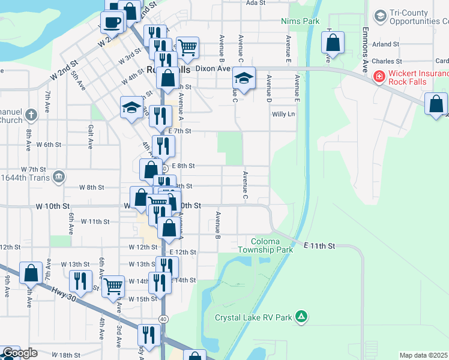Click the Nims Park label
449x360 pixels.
click(x=300, y=21)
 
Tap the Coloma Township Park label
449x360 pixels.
click(x=265, y=245)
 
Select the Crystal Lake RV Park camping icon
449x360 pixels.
click(x=301, y=317)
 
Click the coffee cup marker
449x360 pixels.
click(x=112, y=23)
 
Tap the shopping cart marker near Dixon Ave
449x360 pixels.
click(x=187, y=47)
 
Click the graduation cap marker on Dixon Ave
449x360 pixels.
click(x=244, y=77)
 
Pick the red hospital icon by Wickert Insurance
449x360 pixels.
click(x=379, y=76)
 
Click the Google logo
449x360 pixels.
click(x=20, y=353)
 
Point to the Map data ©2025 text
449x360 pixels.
click(x=424, y=355)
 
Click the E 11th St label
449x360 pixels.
click(x=319, y=246)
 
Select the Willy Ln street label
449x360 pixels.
click(x=284, y=114)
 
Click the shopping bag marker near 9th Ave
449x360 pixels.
click(x=31, y=272)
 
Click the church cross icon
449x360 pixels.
click(x=47, y=112)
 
